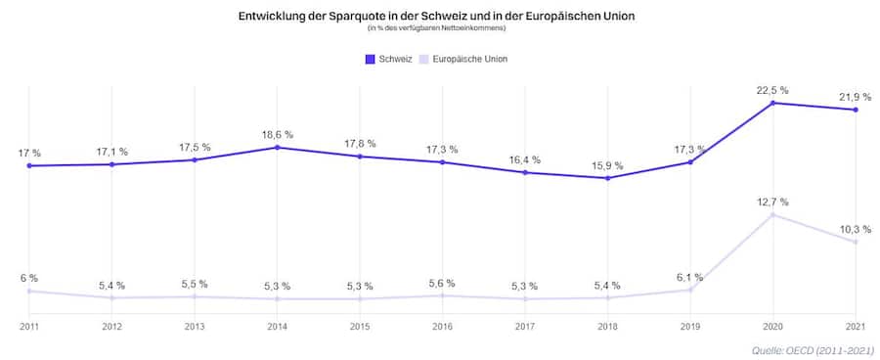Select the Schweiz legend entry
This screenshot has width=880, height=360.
coord(389,59)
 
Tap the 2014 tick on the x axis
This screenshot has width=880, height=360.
coord(278,326)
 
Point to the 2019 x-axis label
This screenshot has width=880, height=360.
coord(690,326)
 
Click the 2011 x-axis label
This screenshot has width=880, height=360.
coord(29,326)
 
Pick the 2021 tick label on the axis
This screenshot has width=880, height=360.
coord(856,326)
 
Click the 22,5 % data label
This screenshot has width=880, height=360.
coord(772,90)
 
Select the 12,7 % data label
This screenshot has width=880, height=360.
coord(772,202)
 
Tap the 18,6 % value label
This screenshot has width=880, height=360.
coord(278,135)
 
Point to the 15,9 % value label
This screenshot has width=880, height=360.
coord(607,165)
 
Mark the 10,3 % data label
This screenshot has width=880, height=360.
coord(856,229)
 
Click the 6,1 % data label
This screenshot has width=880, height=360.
coord(690,277)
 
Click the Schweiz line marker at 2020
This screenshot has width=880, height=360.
coord(773,103)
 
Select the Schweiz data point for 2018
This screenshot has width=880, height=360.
coord(608,178)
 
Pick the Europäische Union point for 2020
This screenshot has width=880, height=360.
coord(773,214)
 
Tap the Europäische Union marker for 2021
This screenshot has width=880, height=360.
coord(856,242)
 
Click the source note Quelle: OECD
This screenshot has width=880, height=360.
coord(814,349)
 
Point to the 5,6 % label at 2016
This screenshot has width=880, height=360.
coord(443,284)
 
